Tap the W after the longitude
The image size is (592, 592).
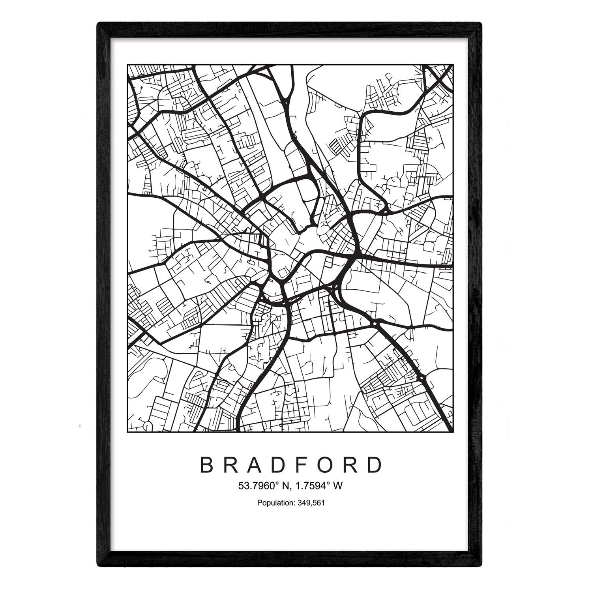click(x=337, y=486)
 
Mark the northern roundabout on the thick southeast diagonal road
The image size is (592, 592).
click(x=374, y=324)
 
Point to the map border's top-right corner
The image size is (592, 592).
click(x=452, y=65)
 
